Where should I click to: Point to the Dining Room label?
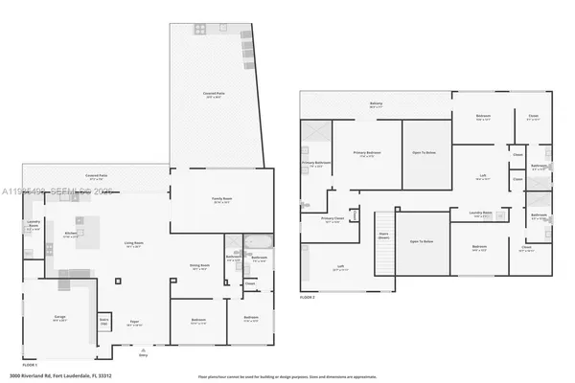(198, 267)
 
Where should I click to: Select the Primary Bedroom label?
(366, 154)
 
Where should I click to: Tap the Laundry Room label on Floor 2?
(482, 214)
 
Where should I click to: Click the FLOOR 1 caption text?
(30, 364)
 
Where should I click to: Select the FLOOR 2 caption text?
(309, 298)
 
